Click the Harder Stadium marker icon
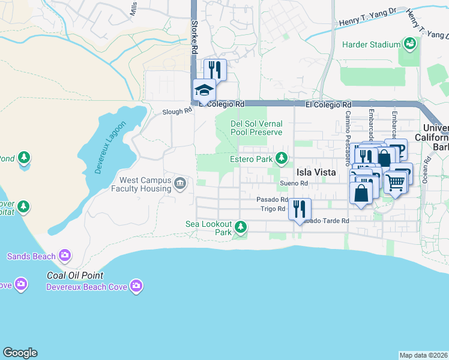click(410, 44)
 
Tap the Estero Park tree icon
click(280, 159)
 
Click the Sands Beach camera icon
click(64, 256)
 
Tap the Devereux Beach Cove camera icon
click(136, 286)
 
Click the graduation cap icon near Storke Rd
click(204, 91)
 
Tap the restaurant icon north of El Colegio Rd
click(215, 69)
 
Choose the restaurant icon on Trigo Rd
click(299, 209)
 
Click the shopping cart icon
click(395, 181)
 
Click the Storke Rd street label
click(194, 38)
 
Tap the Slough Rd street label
click(176, 112)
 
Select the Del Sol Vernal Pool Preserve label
click(256, 128)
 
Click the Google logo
click(20, 353)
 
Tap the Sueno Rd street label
click(294, 184)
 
